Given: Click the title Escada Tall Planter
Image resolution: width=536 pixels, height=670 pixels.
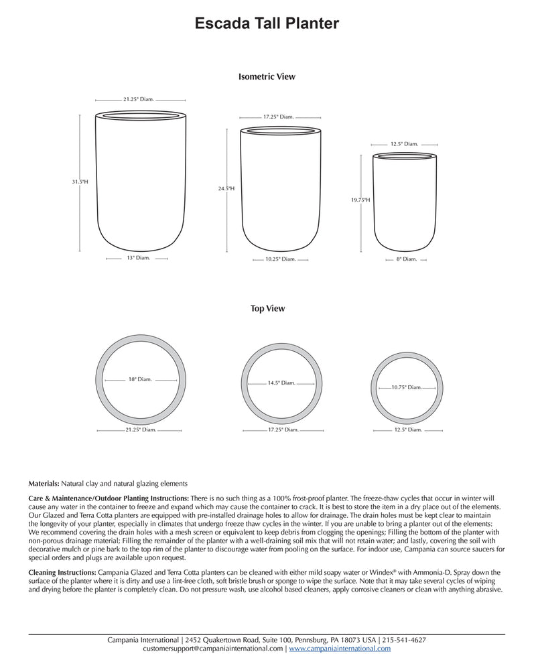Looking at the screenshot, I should [x=267, y=24].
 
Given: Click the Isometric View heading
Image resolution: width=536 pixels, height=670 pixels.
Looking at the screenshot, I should [x=267, y=77].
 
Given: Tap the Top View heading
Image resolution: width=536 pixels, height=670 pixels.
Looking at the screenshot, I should [x=267, y=309].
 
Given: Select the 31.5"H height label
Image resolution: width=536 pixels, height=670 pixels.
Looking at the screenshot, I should [x=80, y=182].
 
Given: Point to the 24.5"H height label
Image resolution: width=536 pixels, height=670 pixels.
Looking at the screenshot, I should [x=226, y=189].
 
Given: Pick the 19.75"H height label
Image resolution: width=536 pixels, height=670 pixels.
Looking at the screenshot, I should [x=360, y=200].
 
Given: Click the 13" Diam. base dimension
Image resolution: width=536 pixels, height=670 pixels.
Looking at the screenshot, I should [x=139, y=257].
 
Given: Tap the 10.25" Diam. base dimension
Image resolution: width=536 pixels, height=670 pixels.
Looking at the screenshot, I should [x=280, y=259].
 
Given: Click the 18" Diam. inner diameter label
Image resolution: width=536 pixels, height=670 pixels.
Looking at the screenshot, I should [x=140, y=379].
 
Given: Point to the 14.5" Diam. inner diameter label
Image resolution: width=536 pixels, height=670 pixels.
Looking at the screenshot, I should [x=281, y=383].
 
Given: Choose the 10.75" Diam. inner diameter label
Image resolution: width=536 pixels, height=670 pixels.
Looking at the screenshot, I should [x=406, y=387].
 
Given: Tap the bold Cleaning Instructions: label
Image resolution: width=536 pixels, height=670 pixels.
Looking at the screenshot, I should [x=62, y=573].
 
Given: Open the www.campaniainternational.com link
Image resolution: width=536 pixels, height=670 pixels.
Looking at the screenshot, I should [x=340, y=649].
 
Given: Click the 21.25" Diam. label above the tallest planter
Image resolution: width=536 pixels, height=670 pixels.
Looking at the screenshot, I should [x=139, y=99].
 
